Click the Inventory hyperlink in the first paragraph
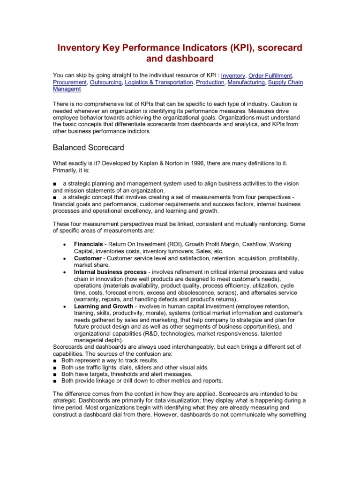233,75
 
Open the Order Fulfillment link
270,75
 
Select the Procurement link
69,82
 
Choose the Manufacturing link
246,82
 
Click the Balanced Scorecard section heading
89,148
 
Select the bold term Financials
89,244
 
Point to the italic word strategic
65,401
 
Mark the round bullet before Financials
63,245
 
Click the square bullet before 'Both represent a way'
55,360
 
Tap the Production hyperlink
210,82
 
